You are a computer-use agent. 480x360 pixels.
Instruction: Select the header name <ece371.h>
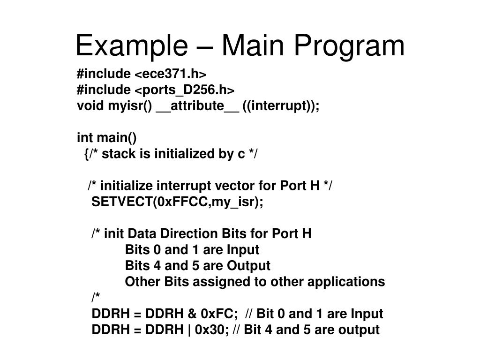click(x=171, y=74)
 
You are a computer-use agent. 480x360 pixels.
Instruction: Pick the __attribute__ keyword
click(x=197, y=106)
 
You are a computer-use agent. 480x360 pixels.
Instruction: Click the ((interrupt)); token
click(x=281, y=106)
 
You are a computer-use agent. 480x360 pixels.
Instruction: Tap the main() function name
click(x=117, y=138)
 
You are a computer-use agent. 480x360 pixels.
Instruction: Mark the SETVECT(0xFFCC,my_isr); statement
click(x=178, y=202)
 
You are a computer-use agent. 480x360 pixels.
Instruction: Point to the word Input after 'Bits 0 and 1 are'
click(x=243, y=249)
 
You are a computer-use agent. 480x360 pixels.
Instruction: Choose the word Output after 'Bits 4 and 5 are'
click(x=248, y=266)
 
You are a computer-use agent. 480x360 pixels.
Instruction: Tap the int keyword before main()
click(x=84, y=138)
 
